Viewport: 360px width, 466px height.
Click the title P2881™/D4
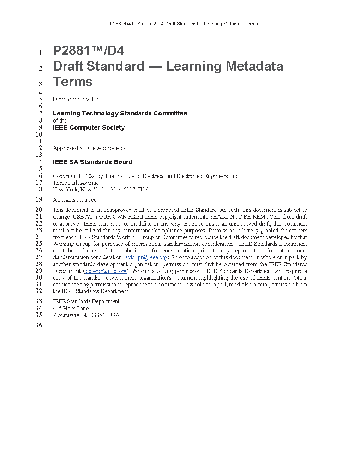point(88,51)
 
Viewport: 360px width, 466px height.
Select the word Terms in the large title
point(73,82)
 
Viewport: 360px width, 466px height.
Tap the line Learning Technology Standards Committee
point(120,113)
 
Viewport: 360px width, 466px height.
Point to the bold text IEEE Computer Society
point(89,127)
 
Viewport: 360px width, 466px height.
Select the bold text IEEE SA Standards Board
point(92,162)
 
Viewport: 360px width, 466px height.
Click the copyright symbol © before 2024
point(80,176)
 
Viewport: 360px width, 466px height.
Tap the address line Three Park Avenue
point(76,183)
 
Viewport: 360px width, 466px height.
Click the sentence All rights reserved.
point(75,200)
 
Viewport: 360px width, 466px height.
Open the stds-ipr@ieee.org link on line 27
point(146,257)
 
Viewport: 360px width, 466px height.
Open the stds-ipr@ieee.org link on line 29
point(106,271)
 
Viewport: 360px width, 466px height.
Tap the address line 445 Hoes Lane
point(71,308)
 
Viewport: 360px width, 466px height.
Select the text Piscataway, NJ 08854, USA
point(86,315)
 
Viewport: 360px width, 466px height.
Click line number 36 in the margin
point(39,325)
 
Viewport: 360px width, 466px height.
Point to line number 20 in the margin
point(39,210)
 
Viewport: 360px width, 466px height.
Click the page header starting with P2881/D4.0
point(184,24)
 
